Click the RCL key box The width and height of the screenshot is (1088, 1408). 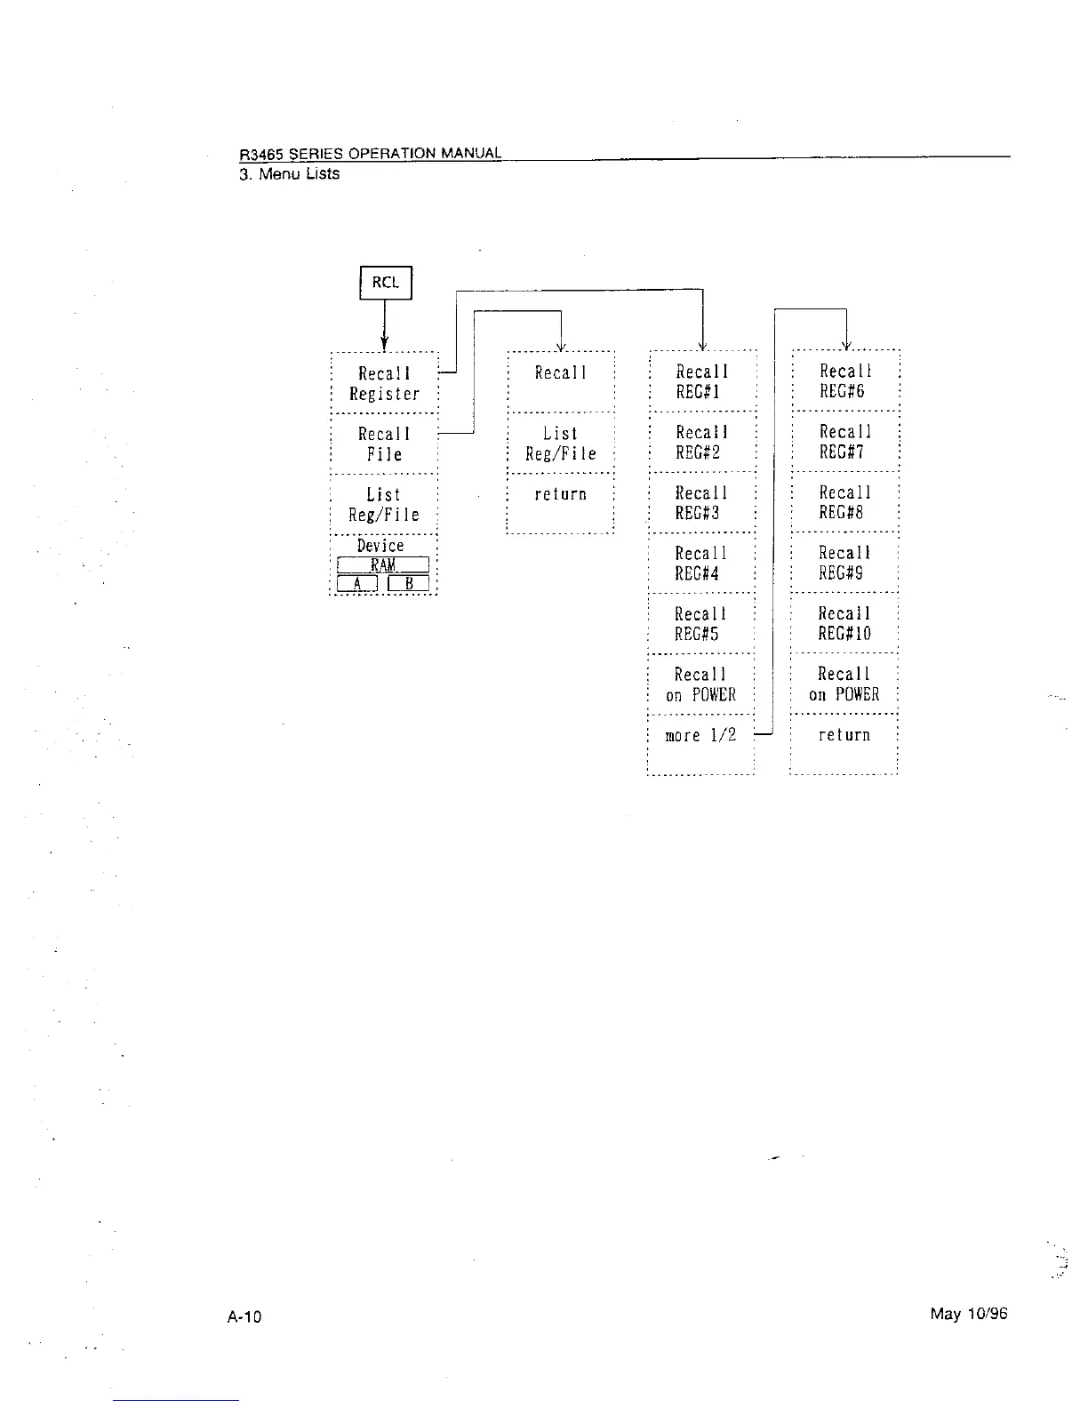pos(386,283)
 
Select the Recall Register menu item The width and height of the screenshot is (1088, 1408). pos(384,383)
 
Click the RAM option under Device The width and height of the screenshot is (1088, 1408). pos(383,565)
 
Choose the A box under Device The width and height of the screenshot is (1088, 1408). pos(357,583)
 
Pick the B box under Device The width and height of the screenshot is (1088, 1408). pos(409,583)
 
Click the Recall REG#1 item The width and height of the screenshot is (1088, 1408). pos(701,381)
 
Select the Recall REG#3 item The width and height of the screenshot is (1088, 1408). pos(701,502)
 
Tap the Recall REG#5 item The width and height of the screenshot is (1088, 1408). pos(700,623)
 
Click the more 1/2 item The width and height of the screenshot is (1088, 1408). pos(700,735)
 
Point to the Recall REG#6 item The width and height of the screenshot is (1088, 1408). pos(844,381)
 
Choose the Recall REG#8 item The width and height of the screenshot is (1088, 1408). pos(844,502)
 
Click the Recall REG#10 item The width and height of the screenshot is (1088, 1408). pos(844,623)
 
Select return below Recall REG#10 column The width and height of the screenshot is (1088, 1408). pos(844,735)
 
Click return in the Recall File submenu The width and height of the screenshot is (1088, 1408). pos(560,494)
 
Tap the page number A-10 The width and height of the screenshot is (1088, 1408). pos(244,1316)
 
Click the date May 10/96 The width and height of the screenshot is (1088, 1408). pos(969,1314)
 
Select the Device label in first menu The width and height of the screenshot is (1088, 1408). pos(380,545)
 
